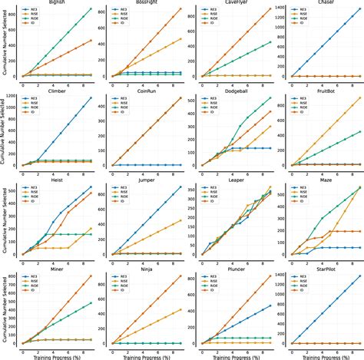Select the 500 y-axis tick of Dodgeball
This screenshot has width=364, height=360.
coord(190,101)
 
